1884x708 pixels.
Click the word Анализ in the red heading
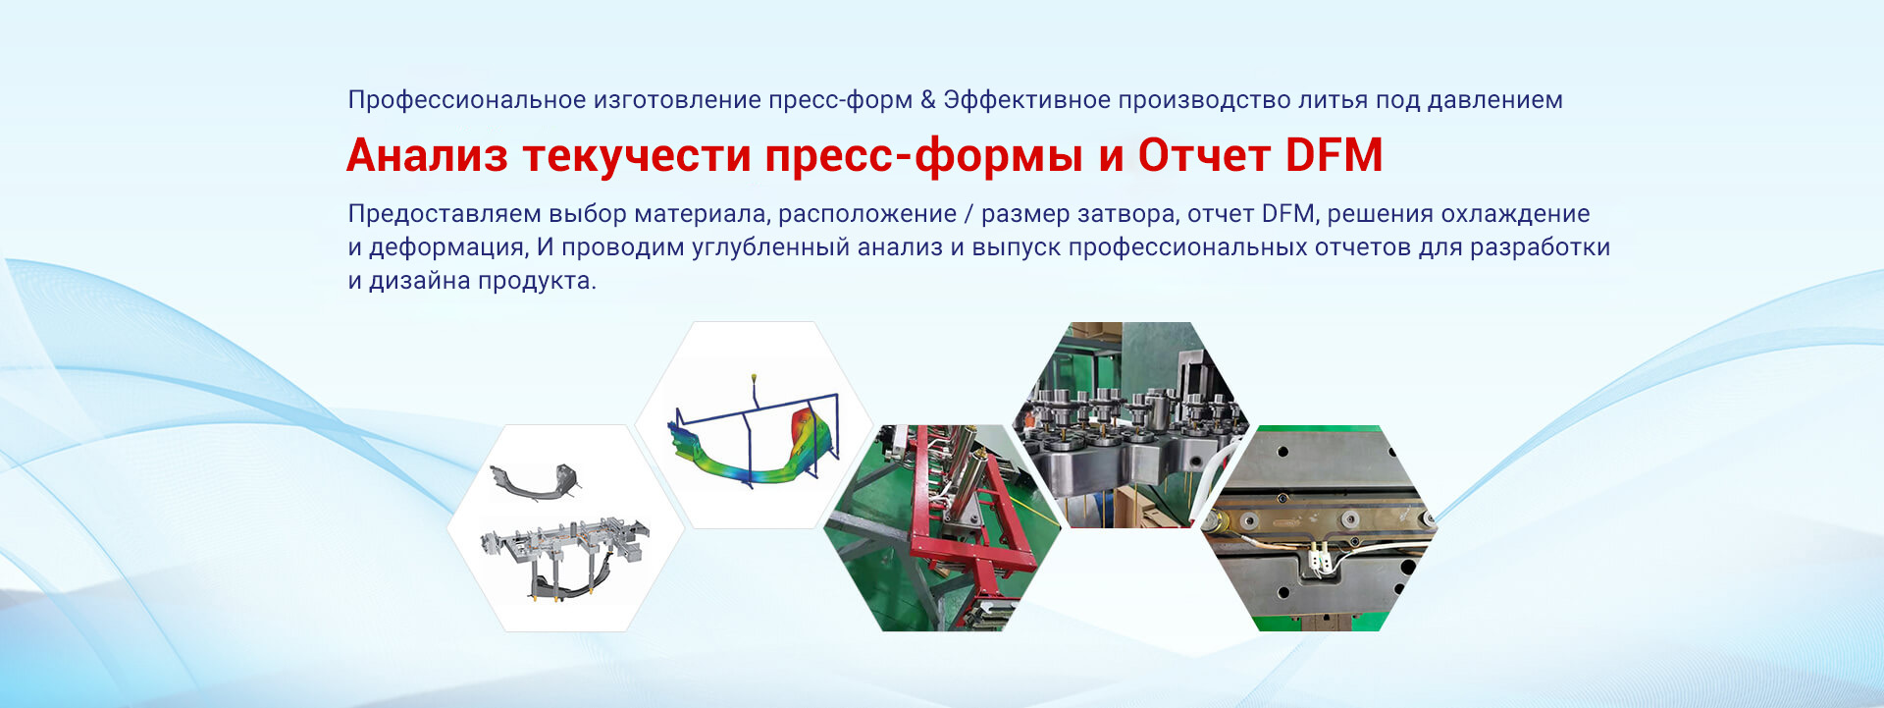pos(427,155)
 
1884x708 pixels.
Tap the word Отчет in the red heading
pos(1204,155)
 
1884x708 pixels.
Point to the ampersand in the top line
pos(928,100)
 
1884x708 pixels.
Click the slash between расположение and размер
pos(968,214)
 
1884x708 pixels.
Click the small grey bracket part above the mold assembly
pos(535,481)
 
